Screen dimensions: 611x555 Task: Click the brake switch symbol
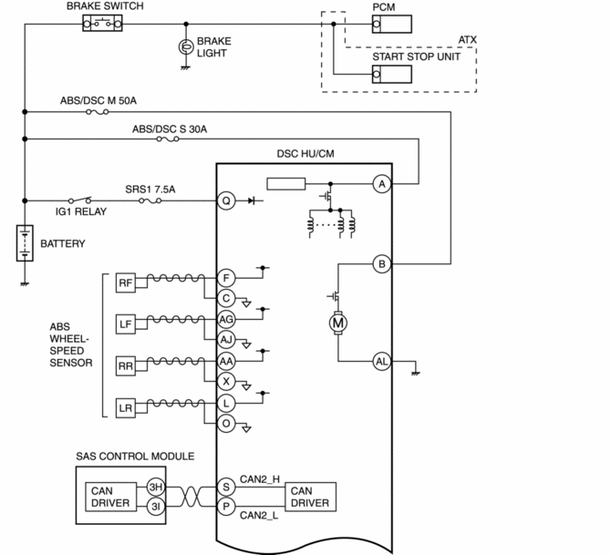pos(102,24)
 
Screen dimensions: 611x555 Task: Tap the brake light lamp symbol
pos(186,47)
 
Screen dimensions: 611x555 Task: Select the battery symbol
pos(25,243)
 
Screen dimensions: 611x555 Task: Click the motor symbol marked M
pos(337,323)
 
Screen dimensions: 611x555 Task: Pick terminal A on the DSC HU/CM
pos(382,184)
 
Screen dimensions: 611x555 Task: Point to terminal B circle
pos(382,263)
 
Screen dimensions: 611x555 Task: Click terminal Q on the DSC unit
pos(226,201)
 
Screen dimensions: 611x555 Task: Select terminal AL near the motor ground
pos(382,362)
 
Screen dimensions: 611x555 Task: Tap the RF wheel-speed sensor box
pos(126,283)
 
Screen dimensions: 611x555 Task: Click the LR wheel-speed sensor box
pos(126,408)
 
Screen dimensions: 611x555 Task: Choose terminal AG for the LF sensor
pos(226,319)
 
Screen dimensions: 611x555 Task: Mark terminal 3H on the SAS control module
pos(156,487)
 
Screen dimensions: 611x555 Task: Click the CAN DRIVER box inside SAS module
pos(110,497)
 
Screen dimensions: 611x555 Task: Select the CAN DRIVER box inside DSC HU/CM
pos(311,497)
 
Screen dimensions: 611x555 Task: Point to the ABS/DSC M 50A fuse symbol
pos(97,112)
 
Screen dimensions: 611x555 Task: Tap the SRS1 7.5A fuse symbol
pos(150,201)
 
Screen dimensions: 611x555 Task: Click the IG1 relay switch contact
pos(80,200)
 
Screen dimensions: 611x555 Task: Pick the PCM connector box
pos(391,24)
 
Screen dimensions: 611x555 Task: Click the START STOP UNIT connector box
pos(391,74)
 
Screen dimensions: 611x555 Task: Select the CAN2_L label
pos(259,515)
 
